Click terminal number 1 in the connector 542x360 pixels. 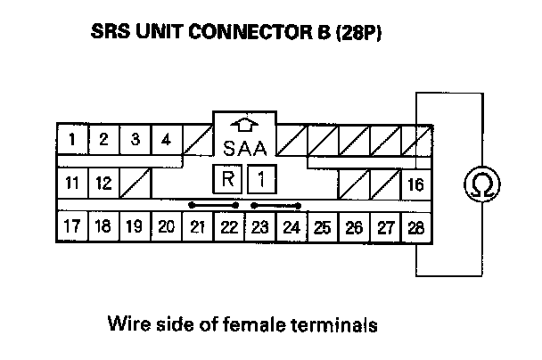point(72,139)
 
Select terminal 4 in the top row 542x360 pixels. point(165,139)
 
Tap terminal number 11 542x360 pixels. point(73,184)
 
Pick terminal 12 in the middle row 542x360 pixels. point(103,184)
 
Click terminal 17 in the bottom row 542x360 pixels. point(72,226)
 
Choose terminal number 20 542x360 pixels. point(165,226)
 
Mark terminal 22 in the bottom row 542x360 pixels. point(228,226)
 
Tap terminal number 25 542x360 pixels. point(322,226)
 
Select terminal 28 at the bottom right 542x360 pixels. point(415,226)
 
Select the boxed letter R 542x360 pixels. point(227,179)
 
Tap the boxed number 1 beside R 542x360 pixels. point(259,179)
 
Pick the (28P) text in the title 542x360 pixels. point(361,35)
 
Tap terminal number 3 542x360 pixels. point(135,139)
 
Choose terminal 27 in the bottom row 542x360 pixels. point(384,226)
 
